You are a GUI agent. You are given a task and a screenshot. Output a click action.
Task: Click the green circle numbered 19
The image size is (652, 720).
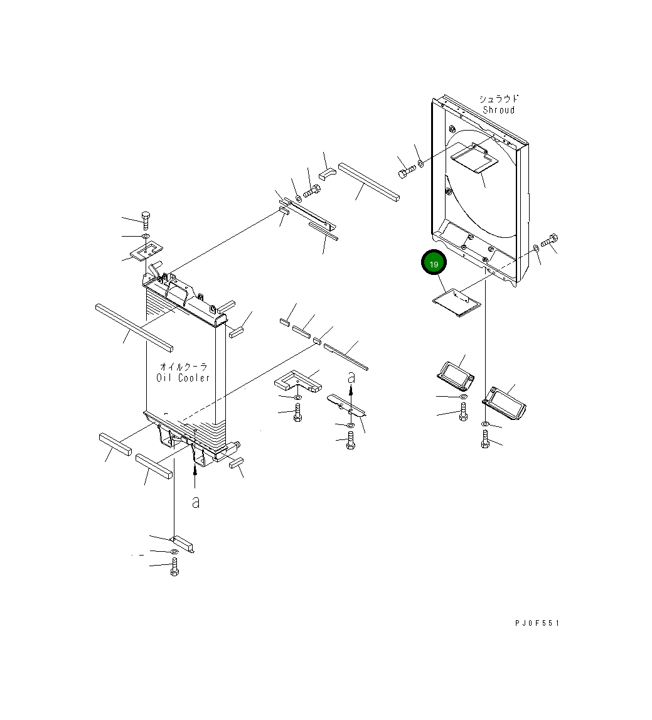[434, 264]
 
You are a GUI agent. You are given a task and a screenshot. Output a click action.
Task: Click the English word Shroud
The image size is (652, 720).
[498, 110]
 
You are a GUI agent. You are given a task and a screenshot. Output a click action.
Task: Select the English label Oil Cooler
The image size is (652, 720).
[183, 377]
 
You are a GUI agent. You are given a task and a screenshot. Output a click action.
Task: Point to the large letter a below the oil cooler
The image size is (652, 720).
[196, 502]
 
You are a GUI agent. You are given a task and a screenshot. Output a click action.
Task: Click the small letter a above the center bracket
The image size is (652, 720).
[351, 377]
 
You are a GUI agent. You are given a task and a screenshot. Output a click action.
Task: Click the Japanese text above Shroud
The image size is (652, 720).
[499, 99]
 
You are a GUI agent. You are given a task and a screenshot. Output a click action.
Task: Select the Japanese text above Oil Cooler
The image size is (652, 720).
[183, 367]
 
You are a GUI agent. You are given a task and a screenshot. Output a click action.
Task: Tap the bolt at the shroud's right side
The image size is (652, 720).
[549, 239]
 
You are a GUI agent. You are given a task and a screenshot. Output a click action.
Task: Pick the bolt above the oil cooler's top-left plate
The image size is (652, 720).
[146, 220]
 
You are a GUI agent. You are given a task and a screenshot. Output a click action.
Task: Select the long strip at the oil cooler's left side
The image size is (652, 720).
[134, 326]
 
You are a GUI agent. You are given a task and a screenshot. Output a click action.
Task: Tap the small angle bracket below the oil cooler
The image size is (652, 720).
[184, 543]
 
